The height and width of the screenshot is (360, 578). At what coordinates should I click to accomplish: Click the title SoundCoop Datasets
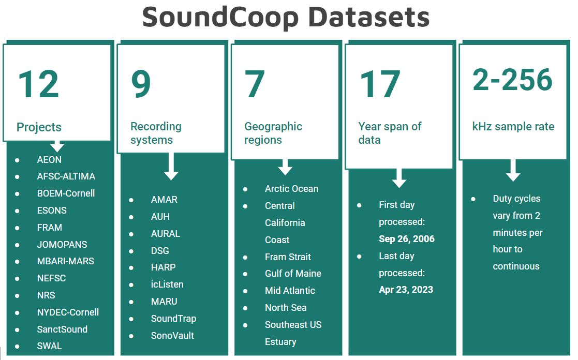click(286, 18)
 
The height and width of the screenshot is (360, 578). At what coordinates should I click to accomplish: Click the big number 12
click(38, 84)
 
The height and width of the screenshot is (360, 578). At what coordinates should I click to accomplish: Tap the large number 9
click(141, 84)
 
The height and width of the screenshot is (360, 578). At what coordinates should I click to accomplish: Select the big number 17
click(380, 84)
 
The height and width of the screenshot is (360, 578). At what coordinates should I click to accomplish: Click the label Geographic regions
click(273, 133)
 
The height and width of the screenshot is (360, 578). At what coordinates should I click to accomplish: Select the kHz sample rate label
click(513, 126)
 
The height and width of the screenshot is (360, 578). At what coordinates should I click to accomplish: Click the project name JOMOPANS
click(62, 244)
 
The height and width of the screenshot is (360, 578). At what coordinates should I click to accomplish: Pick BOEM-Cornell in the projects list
click(66, 193)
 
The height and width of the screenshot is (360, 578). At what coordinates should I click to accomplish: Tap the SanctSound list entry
click(62, 329)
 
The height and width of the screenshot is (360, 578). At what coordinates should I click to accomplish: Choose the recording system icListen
click(167, 284)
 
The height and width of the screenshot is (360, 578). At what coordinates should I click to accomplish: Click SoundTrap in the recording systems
click(173, 318)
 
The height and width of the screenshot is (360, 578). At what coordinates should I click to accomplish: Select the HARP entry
click(163, 267)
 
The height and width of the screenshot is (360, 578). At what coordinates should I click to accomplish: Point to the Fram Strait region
click(288, 257)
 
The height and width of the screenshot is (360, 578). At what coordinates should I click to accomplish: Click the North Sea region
click(286, 307)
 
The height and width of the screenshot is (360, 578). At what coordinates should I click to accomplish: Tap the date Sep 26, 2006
click(407, 239)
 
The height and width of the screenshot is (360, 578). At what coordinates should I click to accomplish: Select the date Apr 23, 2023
click(406, 290)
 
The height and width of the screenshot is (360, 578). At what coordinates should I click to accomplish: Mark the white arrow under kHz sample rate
click(513, 170)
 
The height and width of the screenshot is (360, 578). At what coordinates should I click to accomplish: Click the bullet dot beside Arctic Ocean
click(245, 189)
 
